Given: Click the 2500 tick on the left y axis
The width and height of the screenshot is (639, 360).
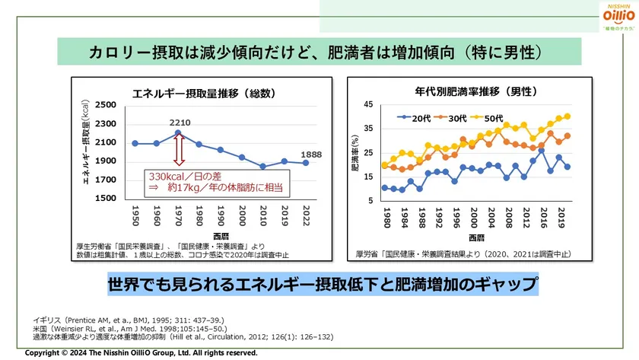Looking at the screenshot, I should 106,106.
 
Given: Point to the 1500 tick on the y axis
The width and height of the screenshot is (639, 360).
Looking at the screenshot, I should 106,198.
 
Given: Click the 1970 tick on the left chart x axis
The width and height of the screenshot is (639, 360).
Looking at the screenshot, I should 178,215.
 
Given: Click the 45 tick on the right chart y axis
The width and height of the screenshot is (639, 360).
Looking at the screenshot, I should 368,105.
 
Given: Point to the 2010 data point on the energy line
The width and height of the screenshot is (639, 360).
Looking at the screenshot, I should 262,166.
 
